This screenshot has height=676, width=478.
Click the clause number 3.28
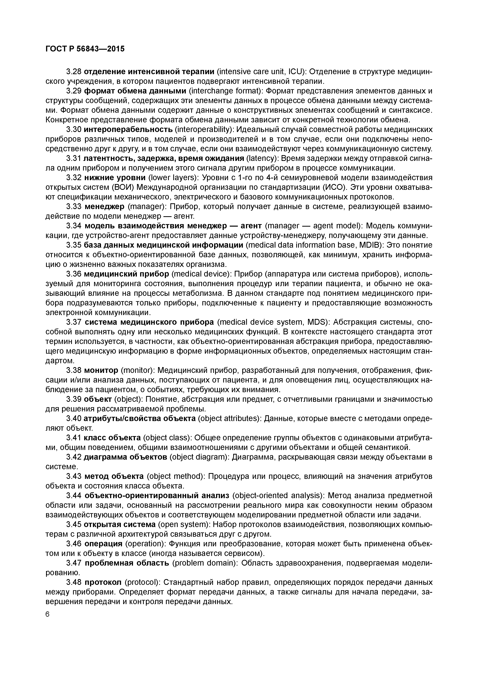(74, 71)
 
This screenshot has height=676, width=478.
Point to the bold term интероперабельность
(128, 129)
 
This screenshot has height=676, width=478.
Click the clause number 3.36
(74, 274)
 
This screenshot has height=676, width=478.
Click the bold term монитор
(101, 370)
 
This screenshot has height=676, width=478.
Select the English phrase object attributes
(228, 418)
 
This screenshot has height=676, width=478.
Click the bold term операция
(103, 543)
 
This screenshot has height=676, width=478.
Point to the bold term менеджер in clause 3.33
(104, 206)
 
